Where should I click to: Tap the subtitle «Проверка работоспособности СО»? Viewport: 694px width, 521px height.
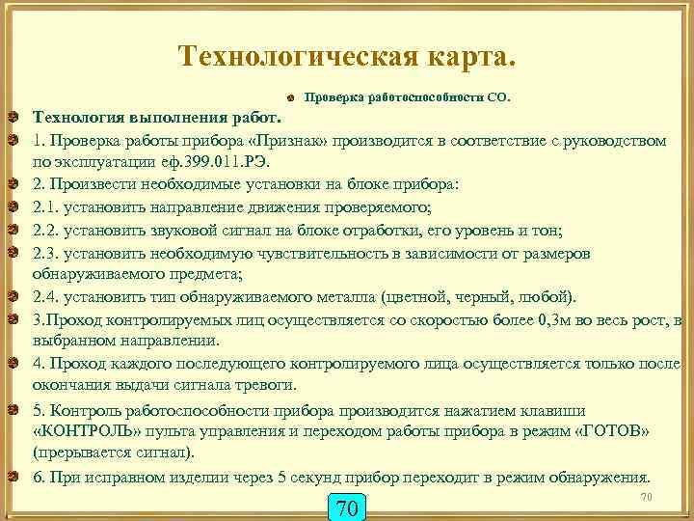tap(406, 97)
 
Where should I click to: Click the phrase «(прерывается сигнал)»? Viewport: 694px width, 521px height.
tap(113, 452)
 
